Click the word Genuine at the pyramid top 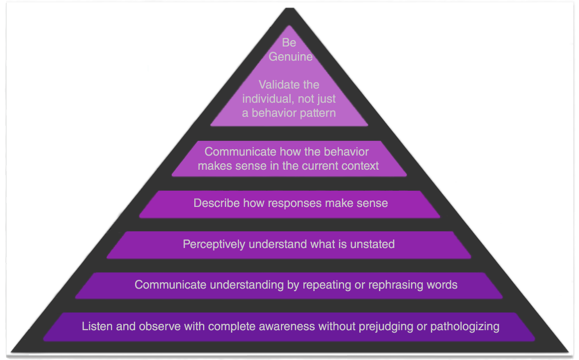(x=290, y=57)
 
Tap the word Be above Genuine (x=289, y=43)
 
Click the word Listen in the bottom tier (x=96, y=326)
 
